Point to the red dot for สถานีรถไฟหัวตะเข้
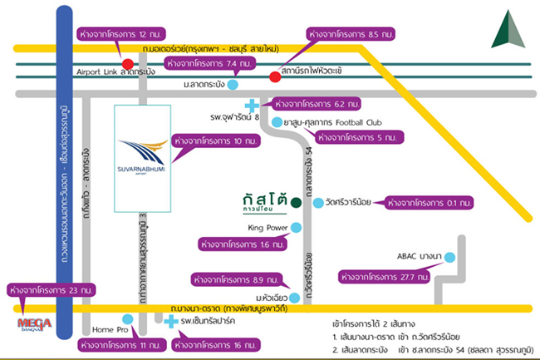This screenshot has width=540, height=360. (x=274, y=78)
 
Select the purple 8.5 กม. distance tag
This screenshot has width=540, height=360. (x=348, y=36)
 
